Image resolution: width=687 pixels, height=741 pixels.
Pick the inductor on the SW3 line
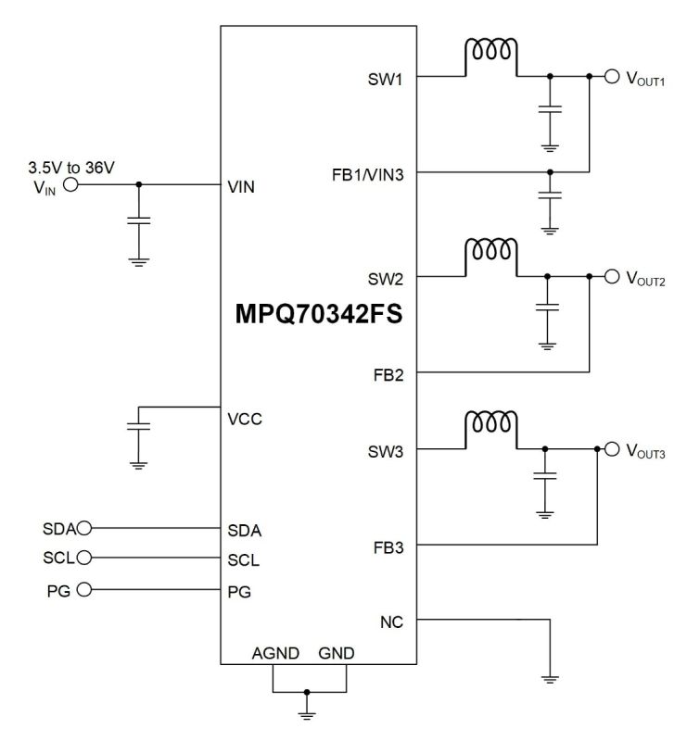click(x=491, y=425)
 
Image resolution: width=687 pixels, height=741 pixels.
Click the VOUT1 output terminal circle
click(x=611, y=77)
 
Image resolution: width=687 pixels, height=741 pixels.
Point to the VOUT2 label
click(x=646, y=277)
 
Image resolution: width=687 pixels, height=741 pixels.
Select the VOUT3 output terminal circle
click(x=611, y=449)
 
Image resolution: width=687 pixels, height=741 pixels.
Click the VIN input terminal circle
click(x=70, y=184)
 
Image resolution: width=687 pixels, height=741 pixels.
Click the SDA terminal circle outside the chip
click(x=85, y=529)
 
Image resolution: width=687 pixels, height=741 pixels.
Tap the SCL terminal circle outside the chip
click(x=85, y=558)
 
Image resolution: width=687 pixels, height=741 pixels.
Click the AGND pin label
click(x=275, y=653)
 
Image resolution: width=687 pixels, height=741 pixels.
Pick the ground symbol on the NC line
click(x=551, y=679)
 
